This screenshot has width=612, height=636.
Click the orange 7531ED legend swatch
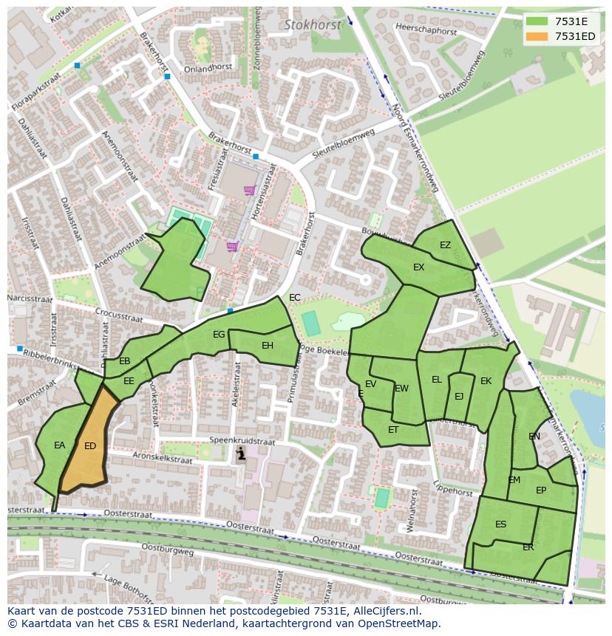538,36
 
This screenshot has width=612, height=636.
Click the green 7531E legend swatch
538,21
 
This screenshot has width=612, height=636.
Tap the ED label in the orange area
90,445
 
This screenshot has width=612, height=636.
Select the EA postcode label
60,445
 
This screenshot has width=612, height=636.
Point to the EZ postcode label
445,245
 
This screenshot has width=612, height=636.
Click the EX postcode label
418,267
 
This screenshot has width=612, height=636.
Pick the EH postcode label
268,345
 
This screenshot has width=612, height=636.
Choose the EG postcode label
219,335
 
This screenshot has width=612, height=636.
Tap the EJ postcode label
459,397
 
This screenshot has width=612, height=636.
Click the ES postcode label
501,524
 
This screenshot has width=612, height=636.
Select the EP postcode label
541,490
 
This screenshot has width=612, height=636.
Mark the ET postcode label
393,430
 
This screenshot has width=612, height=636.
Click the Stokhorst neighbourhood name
313,24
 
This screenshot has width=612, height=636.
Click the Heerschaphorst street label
426,30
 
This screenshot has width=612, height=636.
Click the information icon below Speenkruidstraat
240,455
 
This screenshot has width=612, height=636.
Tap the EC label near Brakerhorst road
295,298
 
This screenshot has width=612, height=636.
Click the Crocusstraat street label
119,315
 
